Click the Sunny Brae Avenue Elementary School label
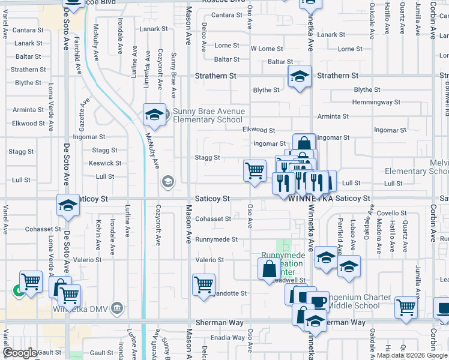pos(208,115)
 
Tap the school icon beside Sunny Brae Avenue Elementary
pos(154,114)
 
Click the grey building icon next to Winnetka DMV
pos(117,309)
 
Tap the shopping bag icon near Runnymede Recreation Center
pos(268,269)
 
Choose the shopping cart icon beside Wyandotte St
pos(204,284)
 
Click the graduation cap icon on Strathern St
pos(300,76)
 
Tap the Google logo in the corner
pos(20,353)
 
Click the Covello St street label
pos(392,213)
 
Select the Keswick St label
pos(105,163)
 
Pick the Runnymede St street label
pos(217,239)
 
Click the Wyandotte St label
pos(226,293)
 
